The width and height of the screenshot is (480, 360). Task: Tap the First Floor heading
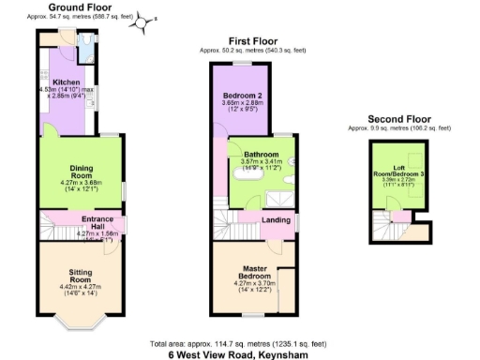252,41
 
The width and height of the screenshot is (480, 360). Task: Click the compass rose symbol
144,20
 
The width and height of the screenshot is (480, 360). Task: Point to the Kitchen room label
66,82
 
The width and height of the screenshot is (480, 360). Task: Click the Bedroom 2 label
241,96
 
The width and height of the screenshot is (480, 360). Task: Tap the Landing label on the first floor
276,220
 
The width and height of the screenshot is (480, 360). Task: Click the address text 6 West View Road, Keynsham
239,354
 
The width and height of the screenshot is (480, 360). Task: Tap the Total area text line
239,342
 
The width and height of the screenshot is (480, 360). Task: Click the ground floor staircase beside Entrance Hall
57,225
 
